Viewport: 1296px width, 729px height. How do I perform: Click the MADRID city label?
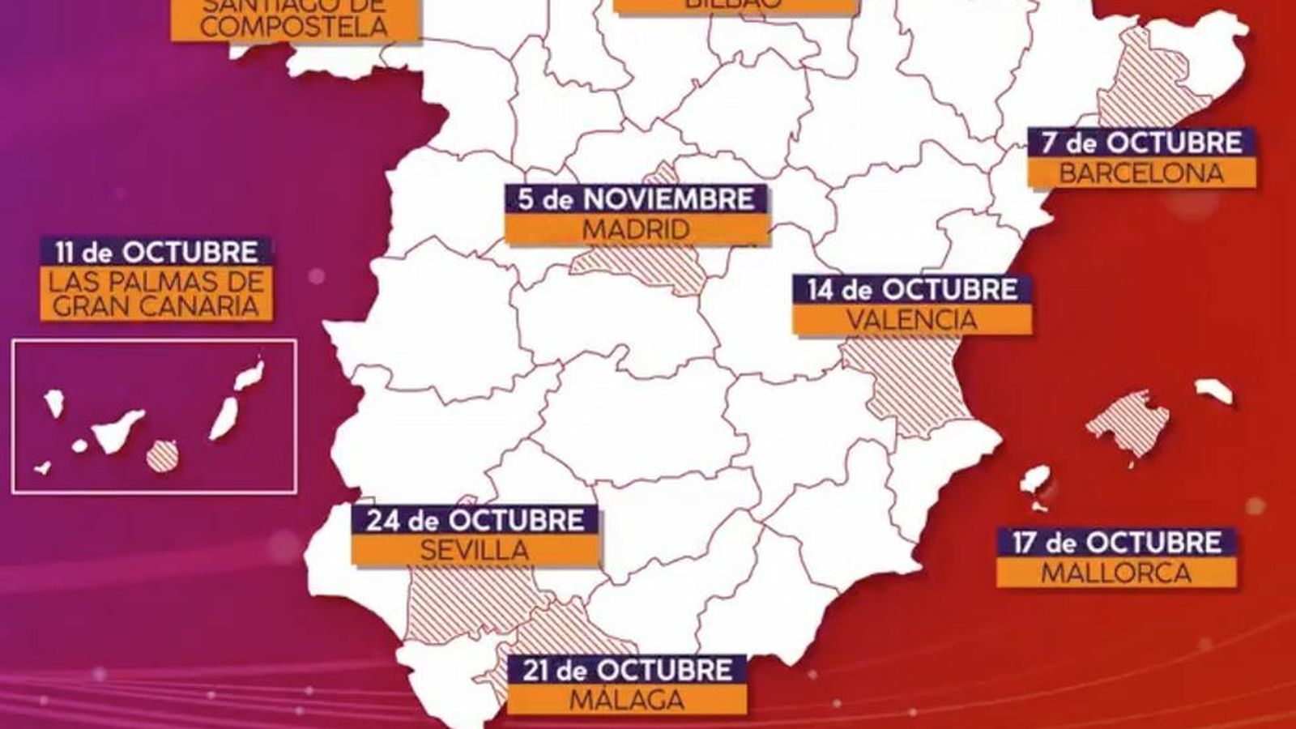636,229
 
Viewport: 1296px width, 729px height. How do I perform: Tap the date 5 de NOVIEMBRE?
636,199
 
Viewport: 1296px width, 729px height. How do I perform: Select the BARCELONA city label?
1142,173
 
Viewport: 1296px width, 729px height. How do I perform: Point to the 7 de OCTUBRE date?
1142,143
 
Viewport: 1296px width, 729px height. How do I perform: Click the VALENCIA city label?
912,320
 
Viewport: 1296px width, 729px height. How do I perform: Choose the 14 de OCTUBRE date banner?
912,290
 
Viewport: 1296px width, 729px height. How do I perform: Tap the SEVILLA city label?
475,551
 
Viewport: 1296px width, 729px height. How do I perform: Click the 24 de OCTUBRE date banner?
475,520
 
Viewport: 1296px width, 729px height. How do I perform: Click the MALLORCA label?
1116,573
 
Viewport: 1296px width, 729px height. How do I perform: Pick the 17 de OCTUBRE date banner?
1116,542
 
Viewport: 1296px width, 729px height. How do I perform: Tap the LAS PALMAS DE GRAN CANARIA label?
156,294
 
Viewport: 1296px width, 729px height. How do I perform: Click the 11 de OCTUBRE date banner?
156,253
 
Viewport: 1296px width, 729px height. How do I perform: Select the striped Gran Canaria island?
161,455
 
